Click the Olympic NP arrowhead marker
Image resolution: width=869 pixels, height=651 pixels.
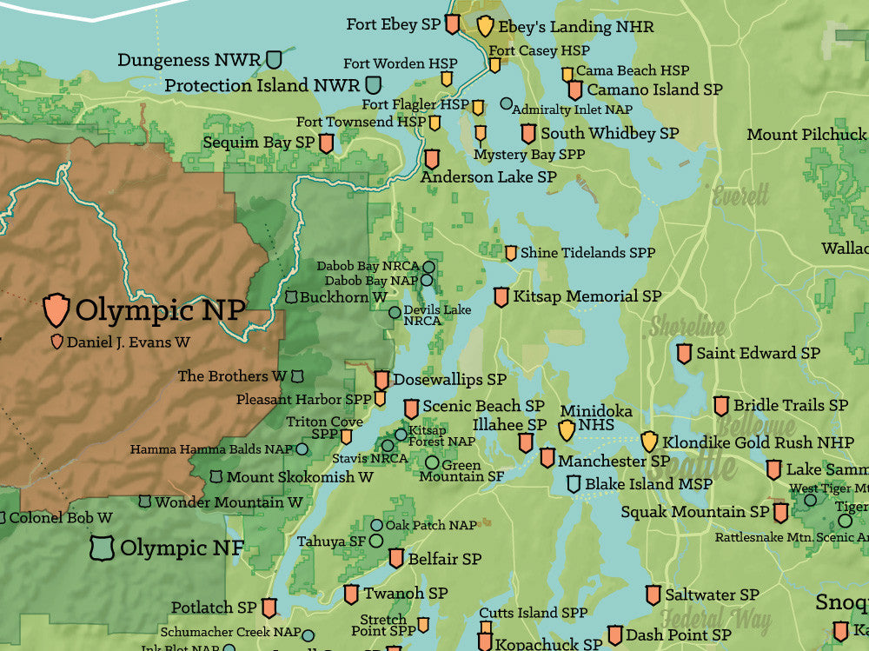coord(56,309)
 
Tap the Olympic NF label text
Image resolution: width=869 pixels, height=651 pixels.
coord(182,548)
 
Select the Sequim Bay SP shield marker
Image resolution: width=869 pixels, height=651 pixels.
coord(327,143)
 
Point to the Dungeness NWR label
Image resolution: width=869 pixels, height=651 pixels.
coord(189,60)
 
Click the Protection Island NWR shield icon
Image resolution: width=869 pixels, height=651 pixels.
coord(374,85)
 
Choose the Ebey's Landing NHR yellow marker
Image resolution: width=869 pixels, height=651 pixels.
coord(485,26)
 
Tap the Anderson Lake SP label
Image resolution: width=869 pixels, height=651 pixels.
coord(488,176)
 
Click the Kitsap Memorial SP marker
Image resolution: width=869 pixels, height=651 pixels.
coord(501,296)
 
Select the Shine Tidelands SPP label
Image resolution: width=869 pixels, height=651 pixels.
coord(587,253)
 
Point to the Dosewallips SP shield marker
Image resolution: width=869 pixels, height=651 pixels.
coord(381,380)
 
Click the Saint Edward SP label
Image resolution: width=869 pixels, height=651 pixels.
coord(758,353)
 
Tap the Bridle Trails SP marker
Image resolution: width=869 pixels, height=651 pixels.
coord(721,406)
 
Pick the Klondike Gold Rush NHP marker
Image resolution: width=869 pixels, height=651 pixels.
coord(649,442)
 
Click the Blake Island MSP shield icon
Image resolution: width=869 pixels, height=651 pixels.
coord(574,484)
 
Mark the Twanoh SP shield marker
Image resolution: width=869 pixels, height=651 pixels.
coord(351,595)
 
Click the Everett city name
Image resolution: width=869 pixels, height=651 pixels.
coord(741,195)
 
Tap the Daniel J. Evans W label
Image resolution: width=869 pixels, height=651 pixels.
coord(128,342)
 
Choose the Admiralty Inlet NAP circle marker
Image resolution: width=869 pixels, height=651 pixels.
coord(507,103)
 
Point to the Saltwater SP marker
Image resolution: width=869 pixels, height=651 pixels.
coord(653,595)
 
